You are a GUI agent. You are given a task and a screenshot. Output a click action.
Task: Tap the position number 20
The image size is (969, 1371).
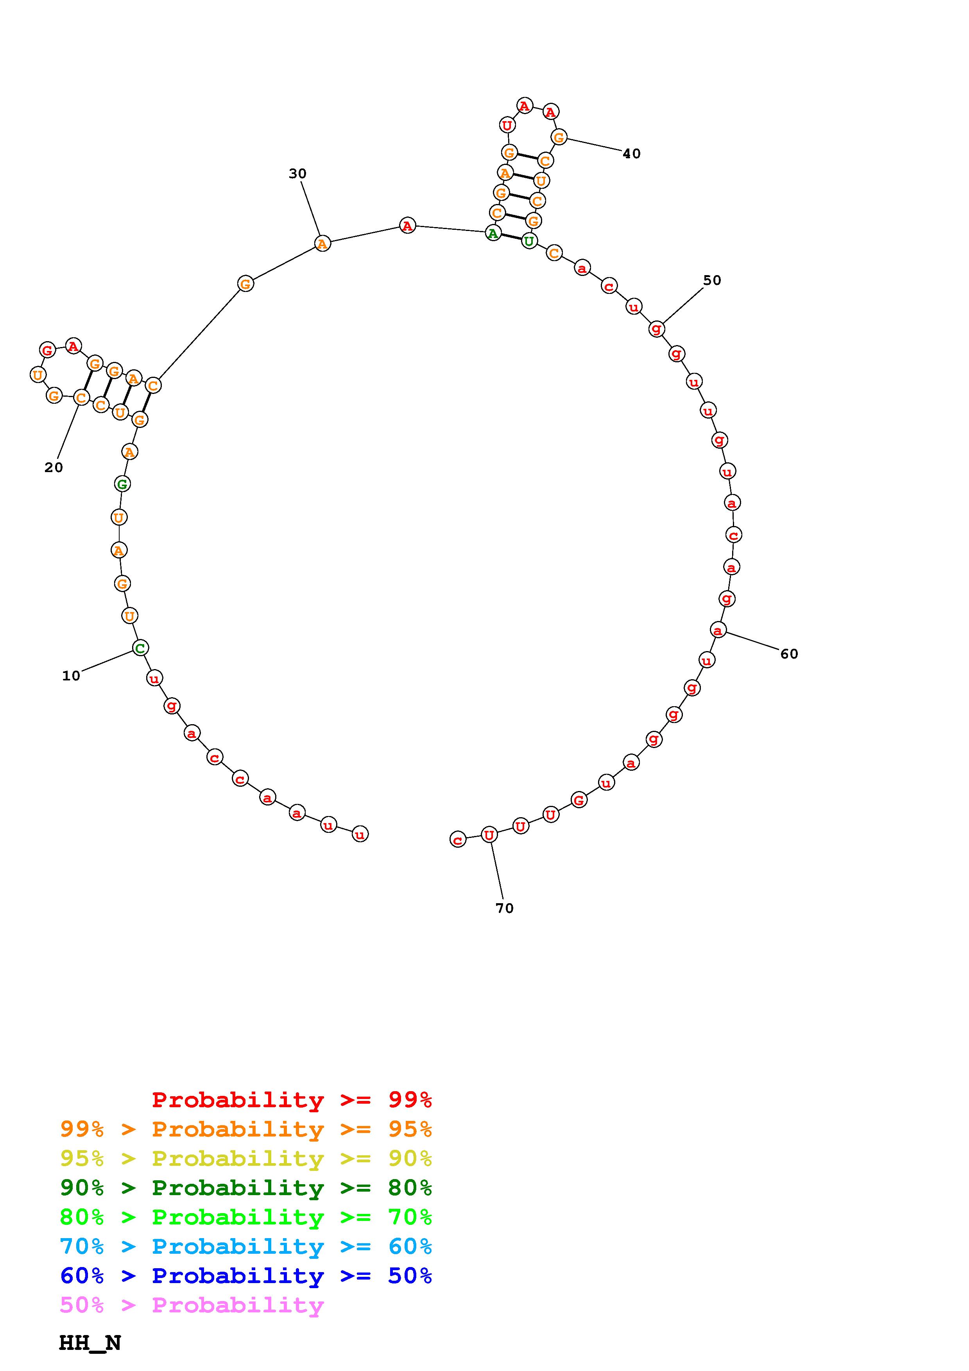pyautogui.click(x=54, y=467)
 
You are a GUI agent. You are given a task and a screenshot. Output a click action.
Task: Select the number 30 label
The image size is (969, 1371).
pyautogui.click(x=297, y=174)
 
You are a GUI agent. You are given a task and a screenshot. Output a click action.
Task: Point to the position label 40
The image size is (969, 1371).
pyautogui.click(x=632, y=154)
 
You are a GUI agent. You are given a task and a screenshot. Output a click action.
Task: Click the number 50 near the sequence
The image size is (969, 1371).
pyautogui.click(x=712, y=281)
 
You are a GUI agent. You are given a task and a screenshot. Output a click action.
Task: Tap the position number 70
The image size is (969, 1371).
pyautogui.click(x=505, y=908)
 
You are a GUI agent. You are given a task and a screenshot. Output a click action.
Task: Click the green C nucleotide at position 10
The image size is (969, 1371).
pyautogui.click(x=140, y=648)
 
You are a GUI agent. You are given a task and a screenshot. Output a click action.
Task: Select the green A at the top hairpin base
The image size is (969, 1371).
pyautogui.click(x=493, y=233)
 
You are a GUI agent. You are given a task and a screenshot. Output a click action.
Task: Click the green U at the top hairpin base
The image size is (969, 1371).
pyautogui.click(x=529, y=241)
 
